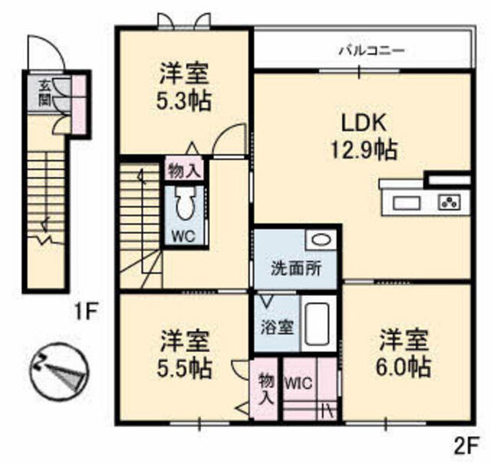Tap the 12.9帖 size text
point(364,150)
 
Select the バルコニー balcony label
point(372,50)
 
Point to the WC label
point(184,236)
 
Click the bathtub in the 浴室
point(317,324)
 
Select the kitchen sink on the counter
point(406,203)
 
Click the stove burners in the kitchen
point(449,203)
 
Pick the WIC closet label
point(298,383)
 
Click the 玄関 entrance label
point(44,92)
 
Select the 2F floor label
point(466,449)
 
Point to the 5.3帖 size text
point(183,100)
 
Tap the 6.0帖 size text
point(404,366)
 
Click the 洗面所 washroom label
point(296,268)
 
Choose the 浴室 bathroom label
point(278,327)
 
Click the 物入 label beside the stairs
point(184,171)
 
